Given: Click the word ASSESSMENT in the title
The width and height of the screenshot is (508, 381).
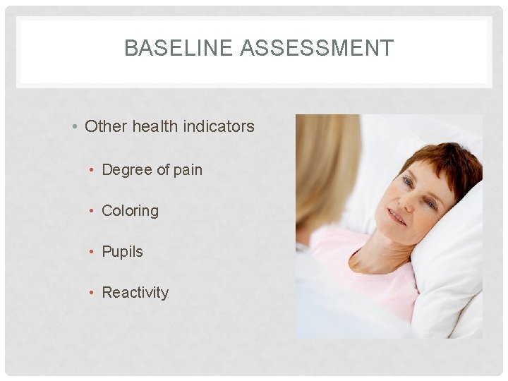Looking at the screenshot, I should pos(317,48).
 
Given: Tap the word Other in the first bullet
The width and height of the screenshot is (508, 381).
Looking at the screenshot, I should pos(105,127).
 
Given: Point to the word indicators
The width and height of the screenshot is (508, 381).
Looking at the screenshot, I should pos(222,127).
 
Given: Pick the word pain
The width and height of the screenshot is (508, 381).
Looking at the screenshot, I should pos(187,170).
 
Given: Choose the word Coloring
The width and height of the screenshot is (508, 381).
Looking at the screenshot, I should pos(131,211).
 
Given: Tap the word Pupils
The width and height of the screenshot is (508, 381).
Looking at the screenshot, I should pos(123,252).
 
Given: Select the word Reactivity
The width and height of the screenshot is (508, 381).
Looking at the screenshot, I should pos(135,293).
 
